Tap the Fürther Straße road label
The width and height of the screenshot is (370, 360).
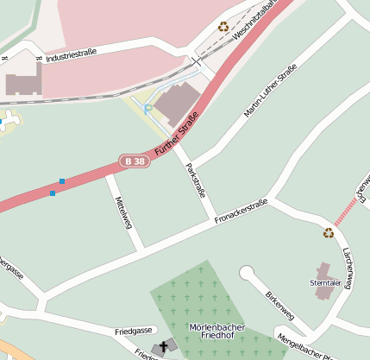[x=177, y=134]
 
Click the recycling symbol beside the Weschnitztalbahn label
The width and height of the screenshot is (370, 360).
[x=223, y=27]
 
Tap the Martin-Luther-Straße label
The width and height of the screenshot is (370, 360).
[x=270, y=91]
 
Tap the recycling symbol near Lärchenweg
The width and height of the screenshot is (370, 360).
[x=328, y=232]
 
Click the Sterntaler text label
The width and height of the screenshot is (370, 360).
[x=325, y=282]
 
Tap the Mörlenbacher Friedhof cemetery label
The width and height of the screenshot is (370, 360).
[x=216, y=333]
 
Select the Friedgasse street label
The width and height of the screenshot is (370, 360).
[x=133, y=331]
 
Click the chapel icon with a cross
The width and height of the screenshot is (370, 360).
[x=161, y=348]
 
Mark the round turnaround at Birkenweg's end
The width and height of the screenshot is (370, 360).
[x=248, y=273]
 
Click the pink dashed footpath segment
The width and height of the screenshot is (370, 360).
[x=346, y=211]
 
